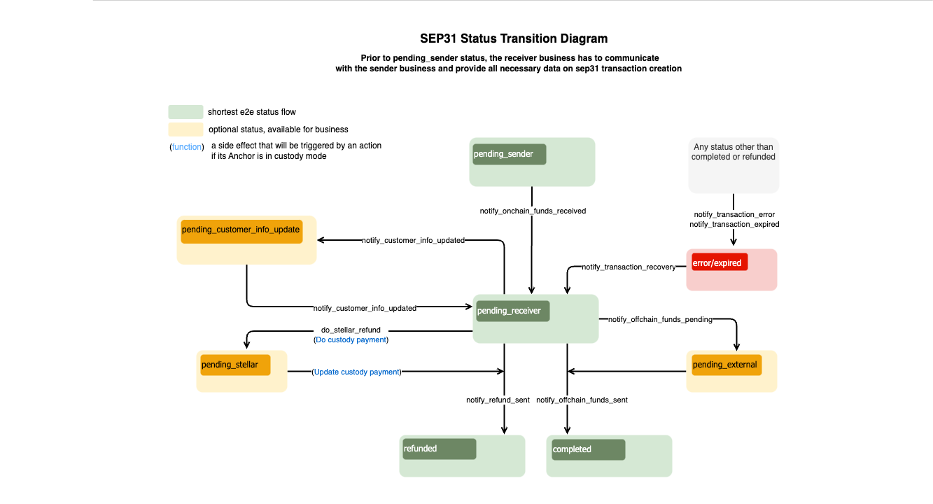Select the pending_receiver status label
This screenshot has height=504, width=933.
coord(513,311)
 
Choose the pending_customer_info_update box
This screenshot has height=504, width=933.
coord(241,230)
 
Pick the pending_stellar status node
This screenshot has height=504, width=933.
coord(234,365)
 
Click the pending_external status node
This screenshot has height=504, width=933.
coord(724,365)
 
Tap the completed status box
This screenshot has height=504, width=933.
coord(588,449)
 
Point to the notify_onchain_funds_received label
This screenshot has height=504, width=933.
coord(533,211)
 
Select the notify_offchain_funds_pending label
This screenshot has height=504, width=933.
coord(660,319)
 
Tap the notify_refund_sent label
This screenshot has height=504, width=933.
coord(498,400)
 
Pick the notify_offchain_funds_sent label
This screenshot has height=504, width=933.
coord(582,400)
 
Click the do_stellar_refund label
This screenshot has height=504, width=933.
coord(351,330)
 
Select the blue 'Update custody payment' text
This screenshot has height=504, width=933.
coord(356,372)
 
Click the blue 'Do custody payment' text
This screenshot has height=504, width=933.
coord(351,339)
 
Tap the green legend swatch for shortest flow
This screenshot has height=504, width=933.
coord(185,112)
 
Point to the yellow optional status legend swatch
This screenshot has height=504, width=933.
coord(185,129)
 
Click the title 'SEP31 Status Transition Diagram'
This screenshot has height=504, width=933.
coord(513,38)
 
